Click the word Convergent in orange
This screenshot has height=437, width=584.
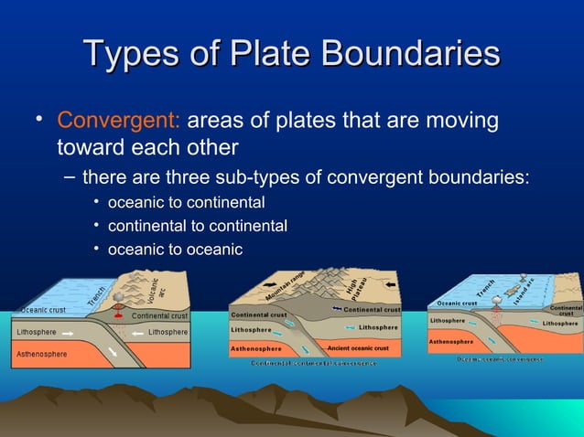pos(120,121)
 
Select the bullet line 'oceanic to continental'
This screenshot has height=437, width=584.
pos(186,202)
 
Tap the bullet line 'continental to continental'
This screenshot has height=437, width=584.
pos(197,226)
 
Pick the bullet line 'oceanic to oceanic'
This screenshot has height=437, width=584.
pos(175,250)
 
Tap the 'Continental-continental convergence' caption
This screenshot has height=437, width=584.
pos(314,363)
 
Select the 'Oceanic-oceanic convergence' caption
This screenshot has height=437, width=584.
pos(500,359)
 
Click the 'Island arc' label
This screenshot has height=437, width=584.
pos(525,291)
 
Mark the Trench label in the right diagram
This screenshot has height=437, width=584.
pos(486,289)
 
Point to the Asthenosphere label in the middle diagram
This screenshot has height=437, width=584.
pos(255,348)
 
